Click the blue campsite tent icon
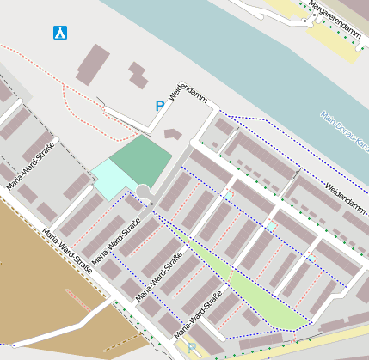click(60, 33)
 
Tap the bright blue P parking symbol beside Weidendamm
click(159, 106)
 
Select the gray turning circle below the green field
click(144, 191)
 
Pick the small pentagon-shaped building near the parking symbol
click(173, 134)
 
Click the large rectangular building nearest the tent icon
click(93, 64)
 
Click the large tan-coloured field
click(34, 275)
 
